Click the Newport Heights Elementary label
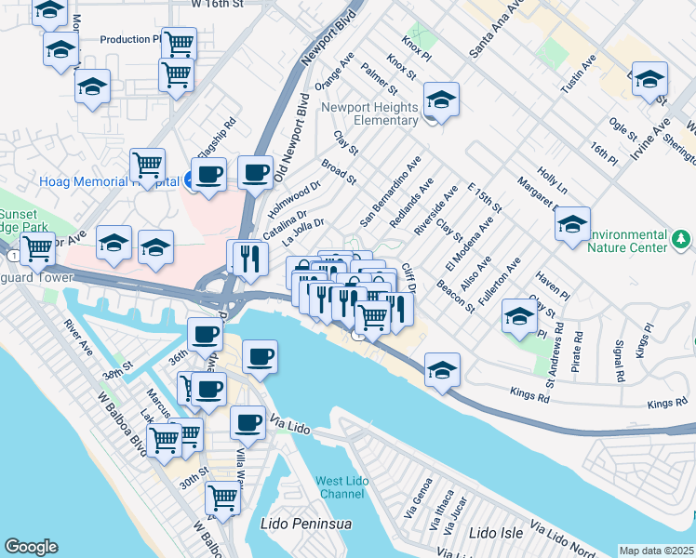[x=369, y=114]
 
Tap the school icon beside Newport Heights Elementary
[x=441, y=100]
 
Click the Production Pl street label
[x=130, y=39]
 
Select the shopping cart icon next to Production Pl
[x=179, y=43]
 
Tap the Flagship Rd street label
[x=217, y=137]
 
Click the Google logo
[x=31, y=547]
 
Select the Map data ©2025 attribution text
[x=657, y=551]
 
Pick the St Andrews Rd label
[x=555, y=355]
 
